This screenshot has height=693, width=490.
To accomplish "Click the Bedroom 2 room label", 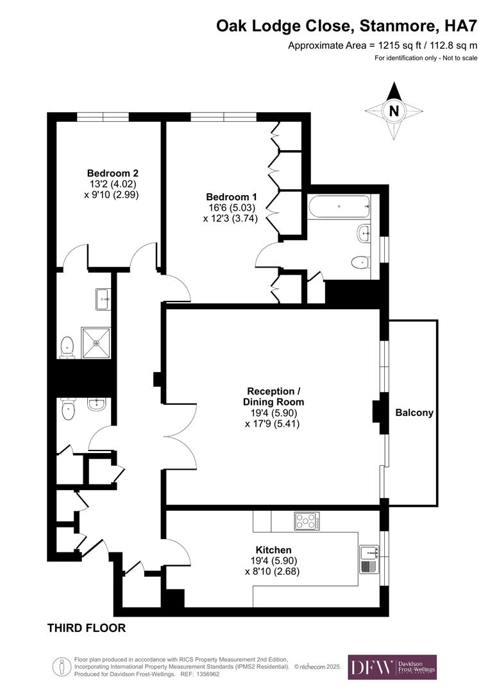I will click(x=113, y=173).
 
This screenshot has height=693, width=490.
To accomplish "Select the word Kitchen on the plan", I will click(x=274, y=550).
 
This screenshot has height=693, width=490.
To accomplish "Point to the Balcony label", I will click(x=414, y=413).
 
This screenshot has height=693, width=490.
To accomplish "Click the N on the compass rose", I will click(x=394, y=111).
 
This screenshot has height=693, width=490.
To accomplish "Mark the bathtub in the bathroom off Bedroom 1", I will click(x=339, y=207).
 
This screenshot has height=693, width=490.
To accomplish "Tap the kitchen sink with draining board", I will click(x=369, y=559).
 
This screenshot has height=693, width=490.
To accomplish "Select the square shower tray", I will click(x=96, y=342).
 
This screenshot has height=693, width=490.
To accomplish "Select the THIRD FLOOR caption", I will click(x=87, y=628).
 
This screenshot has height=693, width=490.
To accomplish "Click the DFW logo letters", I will click(x=371, y=667).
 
